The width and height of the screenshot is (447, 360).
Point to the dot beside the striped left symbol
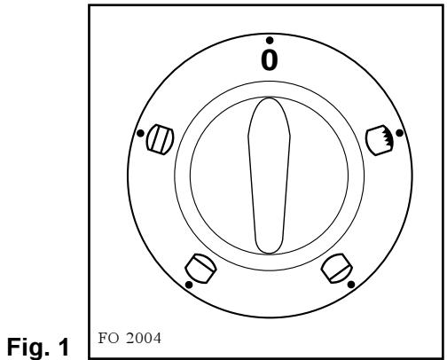point(140,135)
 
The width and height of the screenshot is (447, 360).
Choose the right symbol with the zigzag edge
point(379,137)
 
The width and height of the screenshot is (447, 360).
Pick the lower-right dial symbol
point(337,266)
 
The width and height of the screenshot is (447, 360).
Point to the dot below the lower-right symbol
point(352,284)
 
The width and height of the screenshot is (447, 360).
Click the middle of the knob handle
point(269,176)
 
